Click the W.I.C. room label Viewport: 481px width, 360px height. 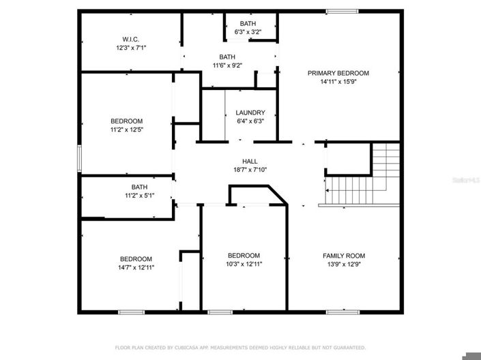tap(131, 40)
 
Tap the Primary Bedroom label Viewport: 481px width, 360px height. tap(338, 73)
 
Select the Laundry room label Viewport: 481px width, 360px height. tap(245, 112)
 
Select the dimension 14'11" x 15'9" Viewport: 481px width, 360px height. tap(338, 81)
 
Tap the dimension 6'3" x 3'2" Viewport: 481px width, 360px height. tap(248, 31)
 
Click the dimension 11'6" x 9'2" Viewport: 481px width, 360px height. tap(227, 65)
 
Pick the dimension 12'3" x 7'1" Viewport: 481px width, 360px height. tap(131, 48)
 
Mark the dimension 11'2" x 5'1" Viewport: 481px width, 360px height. tap(139, 195)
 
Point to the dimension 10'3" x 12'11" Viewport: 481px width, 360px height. tap(244, 264)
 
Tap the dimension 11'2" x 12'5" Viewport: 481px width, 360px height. tap(126, 129)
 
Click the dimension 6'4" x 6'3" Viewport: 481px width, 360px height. tap(245, 121)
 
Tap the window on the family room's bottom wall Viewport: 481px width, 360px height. tap(342, 312)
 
